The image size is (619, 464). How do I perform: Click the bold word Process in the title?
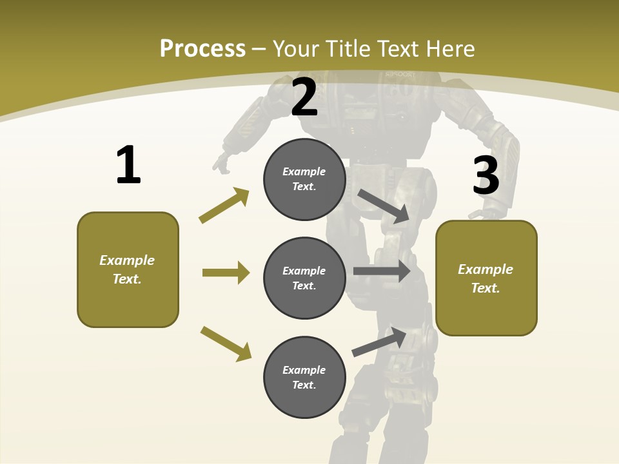point(202,48)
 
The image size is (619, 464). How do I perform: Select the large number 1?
point(128,166)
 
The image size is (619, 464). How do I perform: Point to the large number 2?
point(304,97)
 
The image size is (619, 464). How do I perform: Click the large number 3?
point(486,175)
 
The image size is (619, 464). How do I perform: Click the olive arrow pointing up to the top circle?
point(224,206)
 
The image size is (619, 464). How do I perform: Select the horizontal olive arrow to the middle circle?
point(226,273)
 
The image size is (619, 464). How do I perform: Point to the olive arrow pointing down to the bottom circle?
point(226,343)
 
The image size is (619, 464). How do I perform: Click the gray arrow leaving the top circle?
point(384,206)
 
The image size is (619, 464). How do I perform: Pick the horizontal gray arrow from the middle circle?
point(382,271)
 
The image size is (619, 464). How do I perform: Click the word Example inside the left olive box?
point(127,260)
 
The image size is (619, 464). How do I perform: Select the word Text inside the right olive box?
point(486,288)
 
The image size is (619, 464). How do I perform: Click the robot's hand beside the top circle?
point(222,164)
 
